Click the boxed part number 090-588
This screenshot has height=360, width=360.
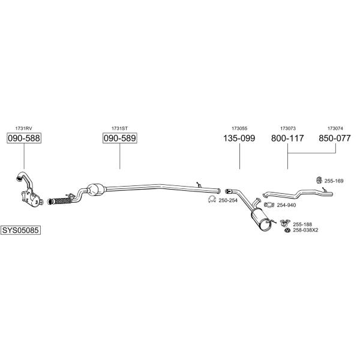click(23, 139)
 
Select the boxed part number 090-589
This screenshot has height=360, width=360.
click(120, 139)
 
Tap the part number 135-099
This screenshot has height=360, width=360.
click(239, 139)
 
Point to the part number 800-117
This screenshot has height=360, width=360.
click(287, 139)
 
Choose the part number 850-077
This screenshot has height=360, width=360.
click(334, 139)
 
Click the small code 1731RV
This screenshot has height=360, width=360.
click(23, 128)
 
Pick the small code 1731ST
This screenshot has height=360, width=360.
click(119, 128)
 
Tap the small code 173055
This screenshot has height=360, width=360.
click(239, 128)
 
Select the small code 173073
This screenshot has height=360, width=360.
click(287, 128)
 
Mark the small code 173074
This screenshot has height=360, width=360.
click(335, 128)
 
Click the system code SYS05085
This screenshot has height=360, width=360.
click(22, 230)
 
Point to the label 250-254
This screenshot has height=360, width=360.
click(229, 200)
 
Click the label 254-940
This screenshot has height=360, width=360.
click(287, 205)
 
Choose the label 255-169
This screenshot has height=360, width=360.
click(334, 181)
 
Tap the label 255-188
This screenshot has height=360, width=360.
click(302, 224)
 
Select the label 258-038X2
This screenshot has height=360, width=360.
click(306, 230)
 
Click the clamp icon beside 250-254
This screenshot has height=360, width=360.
click(212, 200)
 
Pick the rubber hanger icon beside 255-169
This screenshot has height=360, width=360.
click(319, 179)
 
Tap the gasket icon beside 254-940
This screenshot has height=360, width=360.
click(270, 205)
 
